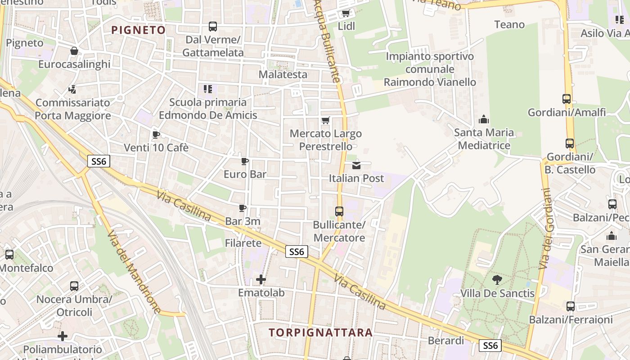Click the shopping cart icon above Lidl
(346, 13)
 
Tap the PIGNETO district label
(139, 30)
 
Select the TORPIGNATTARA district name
(321, 333)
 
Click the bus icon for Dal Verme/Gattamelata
(213, 27)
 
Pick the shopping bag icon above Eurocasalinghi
(74, 51)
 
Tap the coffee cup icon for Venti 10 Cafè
(156, 135)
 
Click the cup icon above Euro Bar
(245, 161)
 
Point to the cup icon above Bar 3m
(243, 208)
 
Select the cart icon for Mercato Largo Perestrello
(326, 120)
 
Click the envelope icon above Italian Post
(356, 165)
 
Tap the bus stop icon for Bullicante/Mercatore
(339, 211)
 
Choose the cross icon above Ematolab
(261, 280)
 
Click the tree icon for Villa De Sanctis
(497, 280)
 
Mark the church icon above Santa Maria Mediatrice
(484, 119)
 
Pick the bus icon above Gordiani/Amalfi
(567, 99)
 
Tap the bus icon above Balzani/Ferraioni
(571, 306)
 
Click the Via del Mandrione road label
(135, 272)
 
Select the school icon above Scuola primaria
(207, 89)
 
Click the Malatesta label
(283, 74)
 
